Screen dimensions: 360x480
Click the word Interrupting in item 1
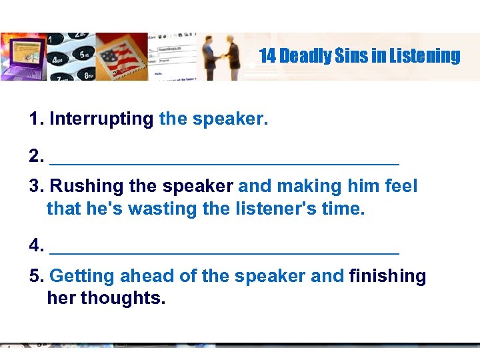click(x=101, y=119)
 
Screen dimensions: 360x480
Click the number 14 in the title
click(x=267, y=56)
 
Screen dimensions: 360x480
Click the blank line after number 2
click(x=225, y=161)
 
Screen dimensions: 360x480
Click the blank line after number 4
click(x=225, y=252)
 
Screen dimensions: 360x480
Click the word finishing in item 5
click(x=387, y=276)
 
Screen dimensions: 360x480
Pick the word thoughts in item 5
click(x=122, y=298)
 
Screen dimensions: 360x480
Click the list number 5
click(x=36, y=276)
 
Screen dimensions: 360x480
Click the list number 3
click(x=36, y=186)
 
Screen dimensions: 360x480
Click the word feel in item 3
click(x=402, y=186)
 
